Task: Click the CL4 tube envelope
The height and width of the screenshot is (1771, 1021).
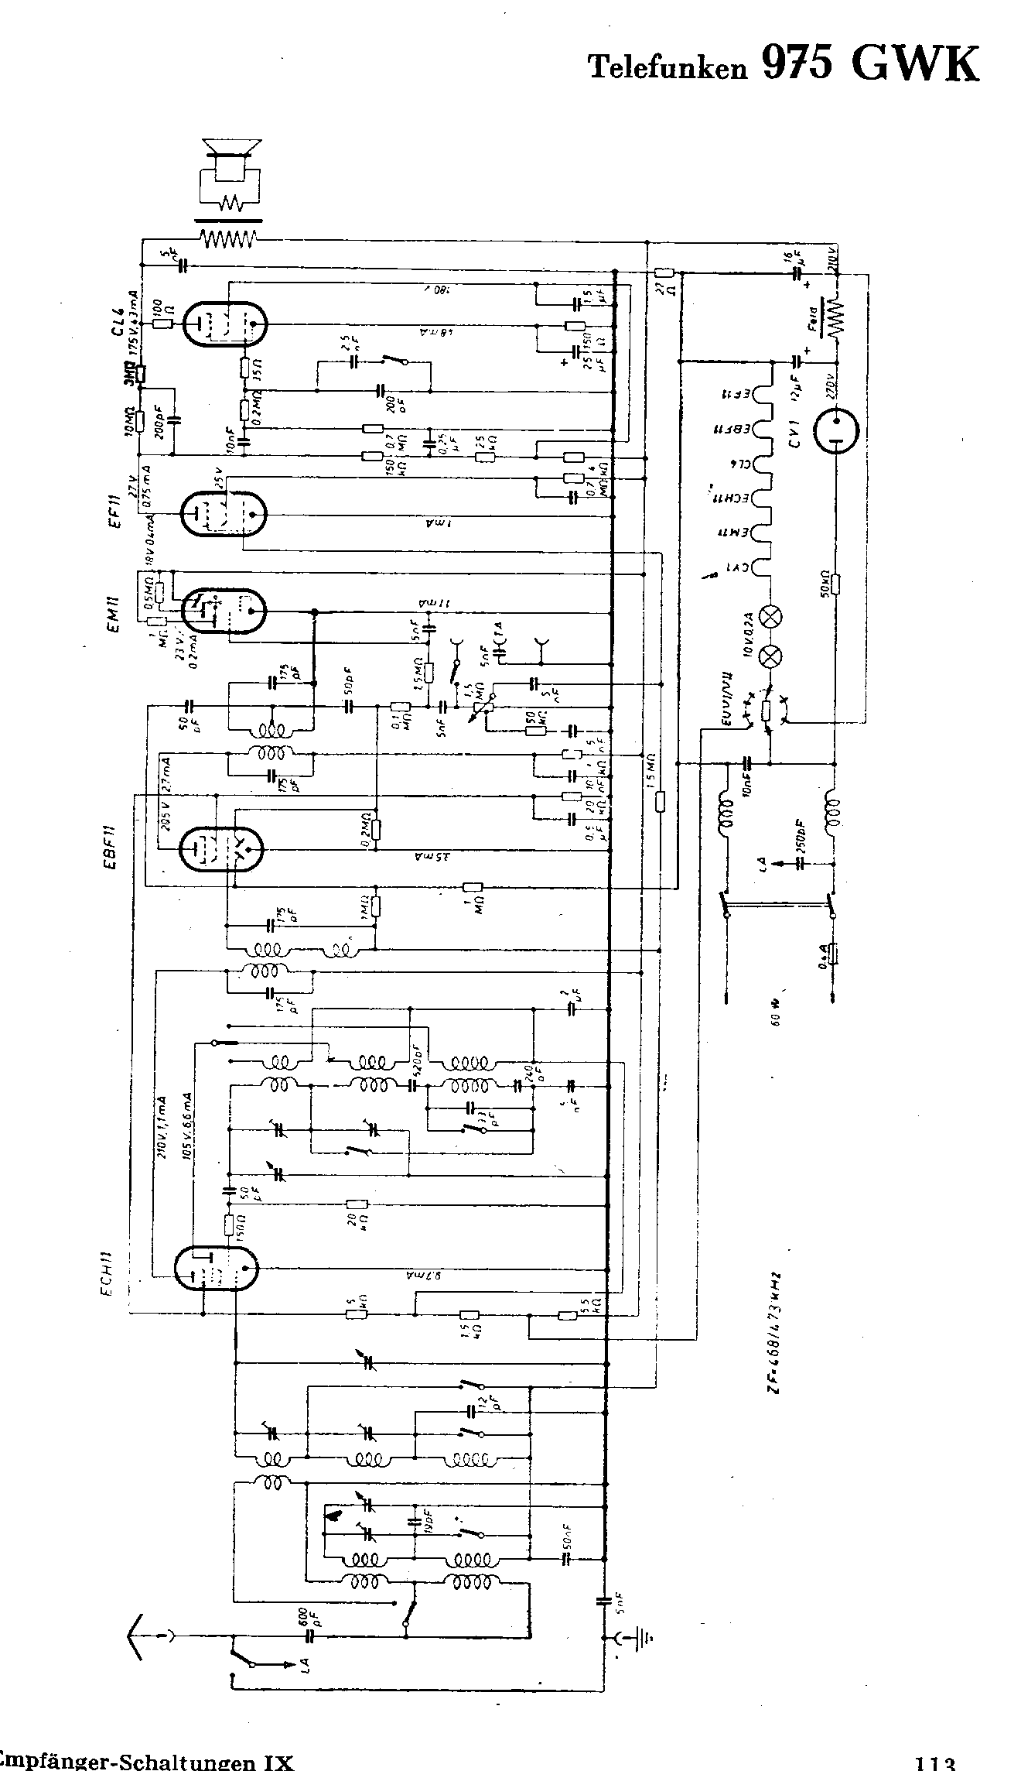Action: [x=224, y=323]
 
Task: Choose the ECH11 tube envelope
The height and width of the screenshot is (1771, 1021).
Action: [x=216, y=1268]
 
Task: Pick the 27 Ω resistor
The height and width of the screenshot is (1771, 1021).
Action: [x=664, y=272]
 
